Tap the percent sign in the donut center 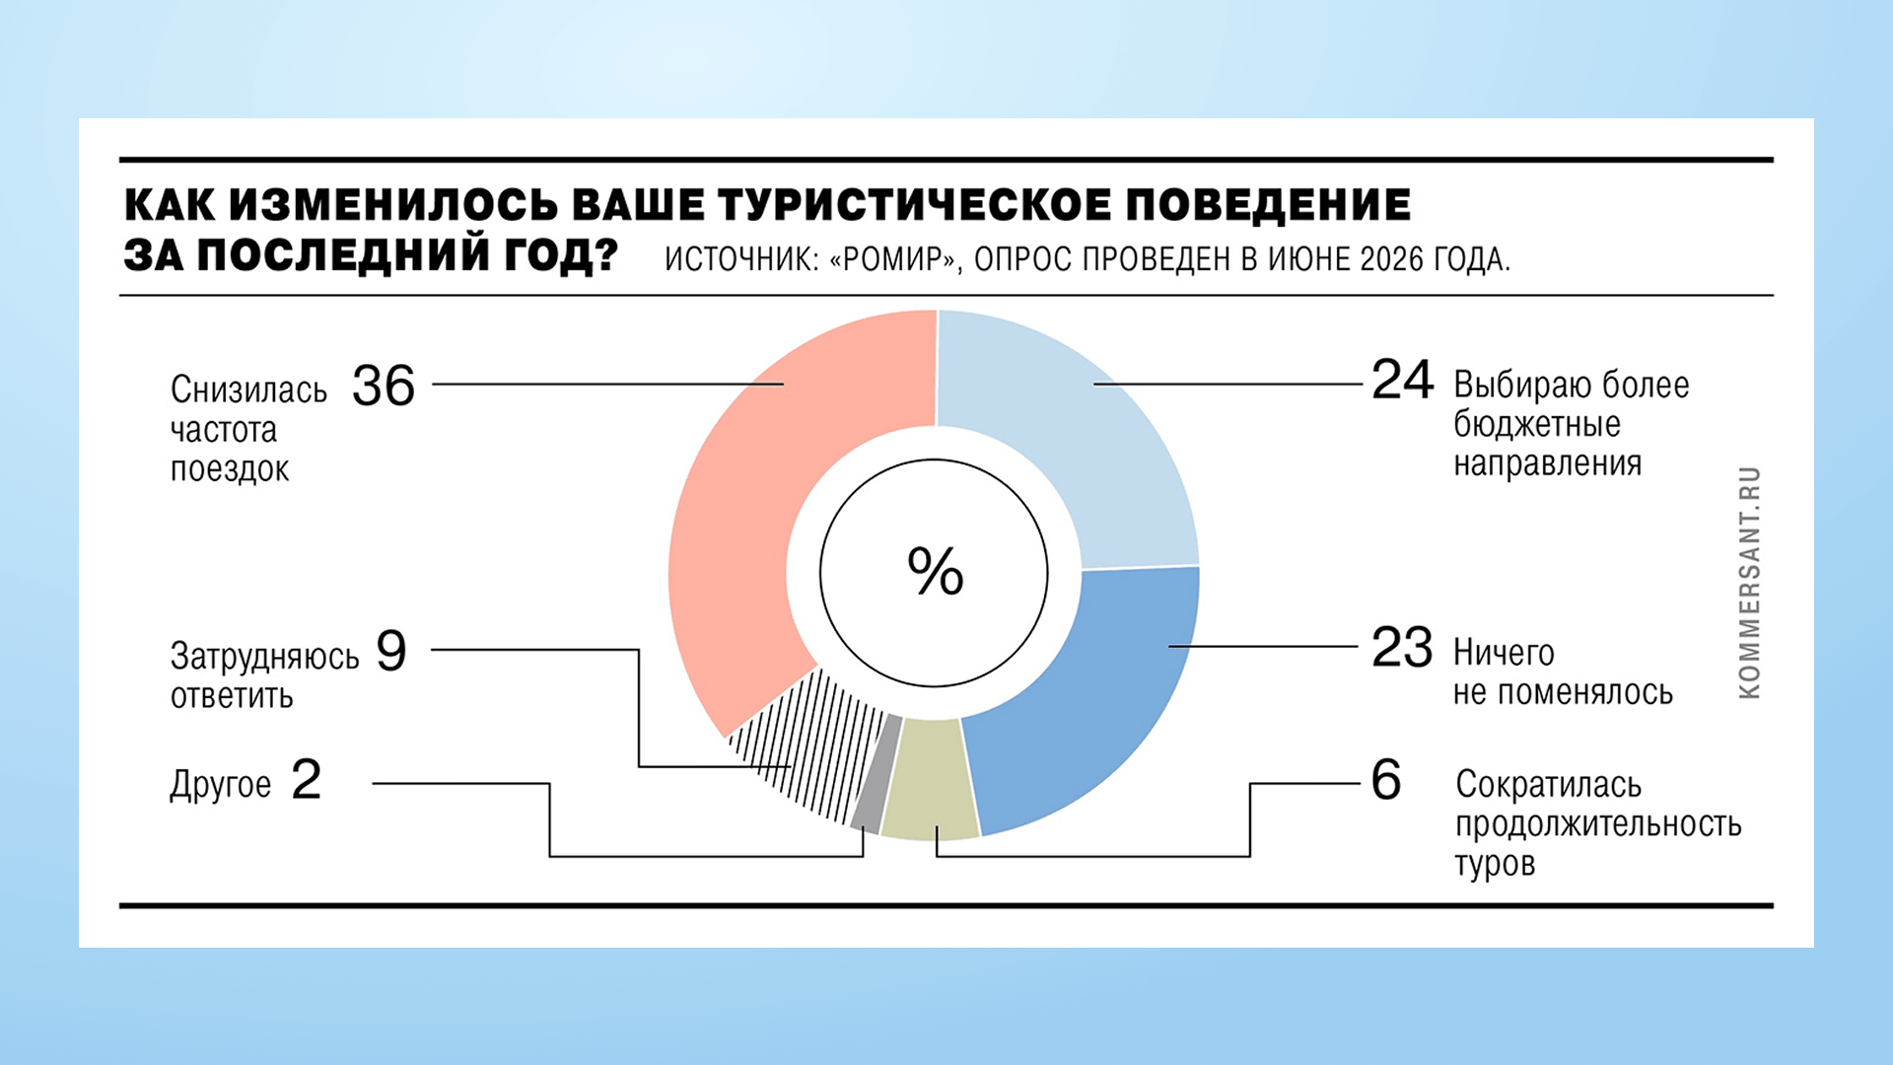[x=935, y=572]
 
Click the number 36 [x=384, y=386]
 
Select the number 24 [x=1402, y=380]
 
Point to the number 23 [x=1402, y=648]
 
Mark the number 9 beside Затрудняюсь [x=391, y=651]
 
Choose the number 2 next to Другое [x=307, y=780]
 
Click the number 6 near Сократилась [x=1386, y=780]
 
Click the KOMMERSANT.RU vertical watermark [x=1750, y=583]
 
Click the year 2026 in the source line [x=1392, y=259]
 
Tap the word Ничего [x=1504, y=653]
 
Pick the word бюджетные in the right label [x=1537, y=424]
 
